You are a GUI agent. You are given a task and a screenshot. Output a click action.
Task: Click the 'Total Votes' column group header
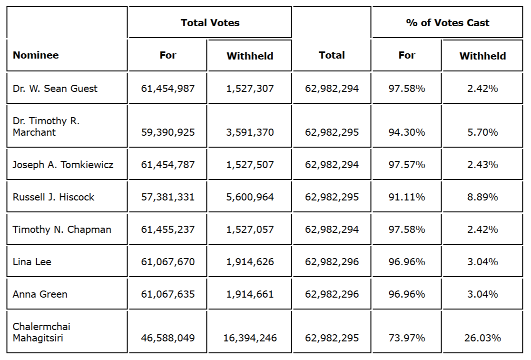pyautogui.click(x=210, y=23)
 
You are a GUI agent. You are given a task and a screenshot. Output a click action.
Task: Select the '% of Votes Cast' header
pyautogui.click(x=447, y=23)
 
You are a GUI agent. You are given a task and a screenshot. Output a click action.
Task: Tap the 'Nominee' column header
pyautogui.click(x=36, y=55)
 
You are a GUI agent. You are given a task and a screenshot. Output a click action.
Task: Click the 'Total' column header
pyautogui.click(x=332, y=55)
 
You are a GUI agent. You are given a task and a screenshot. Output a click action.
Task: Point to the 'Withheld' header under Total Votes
pyautogui.click(x=250, y=56)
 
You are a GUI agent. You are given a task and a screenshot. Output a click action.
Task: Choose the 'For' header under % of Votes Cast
pyautogui.click(x=407, y=55)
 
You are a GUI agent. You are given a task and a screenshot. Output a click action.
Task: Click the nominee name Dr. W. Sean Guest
pyautogui.click(x=55, y=89)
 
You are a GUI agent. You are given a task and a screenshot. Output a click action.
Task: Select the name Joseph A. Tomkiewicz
pyautogui.click(x=63, y=165)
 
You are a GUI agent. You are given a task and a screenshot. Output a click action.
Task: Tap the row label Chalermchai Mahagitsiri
pyautogui.click(x=41, y=332)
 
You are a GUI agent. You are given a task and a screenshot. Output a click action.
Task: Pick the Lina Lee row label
pyautogui.click(x=32, y=262)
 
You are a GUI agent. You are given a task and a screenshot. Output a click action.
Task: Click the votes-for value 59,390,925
pyautogui.click(x=168, y=132)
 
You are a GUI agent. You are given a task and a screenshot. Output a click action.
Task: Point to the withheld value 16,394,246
pyautogui.click(x=250, y=338)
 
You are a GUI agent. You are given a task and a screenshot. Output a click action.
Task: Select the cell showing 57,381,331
pyautogui.click(x=168, y=197)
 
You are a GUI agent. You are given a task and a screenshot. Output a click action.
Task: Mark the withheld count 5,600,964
pyautogui.click(x=250, y=197)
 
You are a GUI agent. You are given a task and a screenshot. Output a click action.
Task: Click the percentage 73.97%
pyautogui.click(x=407, y=338)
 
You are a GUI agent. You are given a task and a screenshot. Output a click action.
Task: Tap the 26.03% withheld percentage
pyautogui.click(x=482, y=338)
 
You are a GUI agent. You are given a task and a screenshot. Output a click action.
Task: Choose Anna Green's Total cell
pyautogui.click(x=332, y=294)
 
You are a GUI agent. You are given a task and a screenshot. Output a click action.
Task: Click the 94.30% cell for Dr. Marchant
pyautogui.click(x=407, y=132)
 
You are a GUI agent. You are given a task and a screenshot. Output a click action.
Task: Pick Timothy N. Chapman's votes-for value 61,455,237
pyautogui.click(x=168, y=230)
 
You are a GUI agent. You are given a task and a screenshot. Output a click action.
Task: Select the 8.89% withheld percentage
pyautogui.click(x=482, y=197)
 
